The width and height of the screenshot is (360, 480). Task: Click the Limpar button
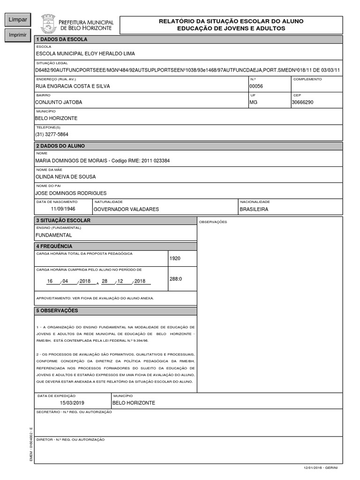tap(17, 20)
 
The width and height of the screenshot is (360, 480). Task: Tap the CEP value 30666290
tap(302, 102)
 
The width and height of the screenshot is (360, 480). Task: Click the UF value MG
tap(254, 102)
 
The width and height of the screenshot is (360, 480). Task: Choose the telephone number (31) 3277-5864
tap(52, 134)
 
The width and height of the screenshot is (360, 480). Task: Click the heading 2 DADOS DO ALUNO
tap(60, 146)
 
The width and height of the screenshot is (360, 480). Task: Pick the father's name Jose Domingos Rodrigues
tap(71, 193)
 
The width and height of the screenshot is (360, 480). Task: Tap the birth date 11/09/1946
tap(63, 209)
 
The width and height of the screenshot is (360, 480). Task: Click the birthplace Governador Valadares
tap(126, 209)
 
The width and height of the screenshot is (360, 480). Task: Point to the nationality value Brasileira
tap(254, 209)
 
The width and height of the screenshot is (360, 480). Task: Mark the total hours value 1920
tap(175, 258)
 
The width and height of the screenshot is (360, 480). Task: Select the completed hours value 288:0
tap(175, 279)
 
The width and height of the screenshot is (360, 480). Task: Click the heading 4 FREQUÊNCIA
tap(54, 246)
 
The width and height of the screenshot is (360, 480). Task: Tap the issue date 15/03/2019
tap(72, 403)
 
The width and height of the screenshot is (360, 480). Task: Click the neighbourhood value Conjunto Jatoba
tap(59, 102)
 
